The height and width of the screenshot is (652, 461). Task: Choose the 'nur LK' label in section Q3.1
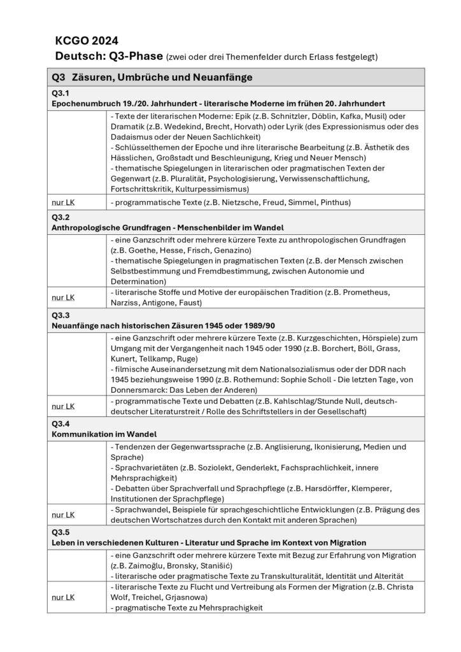(x=63, y=202)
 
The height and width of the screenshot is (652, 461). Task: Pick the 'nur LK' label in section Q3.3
(x=63, y=406)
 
